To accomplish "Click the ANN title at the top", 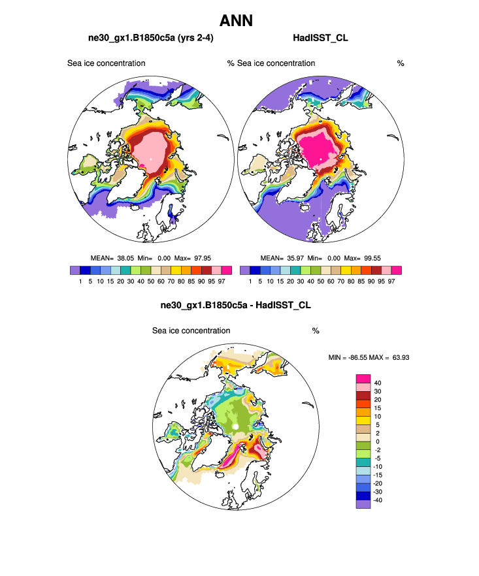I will (x=236, y=20).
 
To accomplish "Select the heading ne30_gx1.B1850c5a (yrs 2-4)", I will (x=150, y=39).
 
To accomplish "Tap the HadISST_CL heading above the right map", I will (x=320, y=39).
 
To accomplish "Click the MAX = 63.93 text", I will (x=392, y=358).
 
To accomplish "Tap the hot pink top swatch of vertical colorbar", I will (x=363, y=378).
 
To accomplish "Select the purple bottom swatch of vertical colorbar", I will (x=363, y=504).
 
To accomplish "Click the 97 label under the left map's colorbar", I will (x=220, y=281).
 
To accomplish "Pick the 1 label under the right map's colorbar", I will (x=250, y=281).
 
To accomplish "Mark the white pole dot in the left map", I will (x=150, y=159).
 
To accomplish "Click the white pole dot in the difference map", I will (x=235, y=427).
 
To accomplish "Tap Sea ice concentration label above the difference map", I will (x=191, y=330).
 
